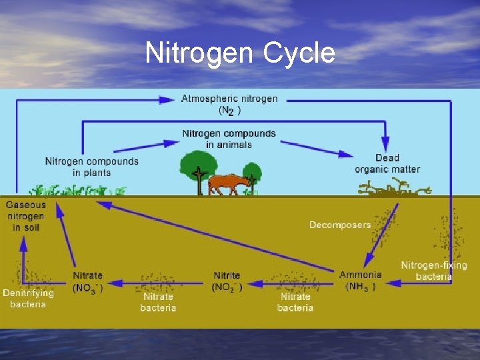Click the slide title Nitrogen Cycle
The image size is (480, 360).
240,53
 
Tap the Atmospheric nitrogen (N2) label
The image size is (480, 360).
229,104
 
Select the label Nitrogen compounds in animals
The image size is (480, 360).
229,139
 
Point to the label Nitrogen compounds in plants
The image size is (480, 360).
92,166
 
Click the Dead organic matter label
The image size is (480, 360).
387,163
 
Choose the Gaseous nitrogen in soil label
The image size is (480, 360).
27,216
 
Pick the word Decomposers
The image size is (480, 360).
339,225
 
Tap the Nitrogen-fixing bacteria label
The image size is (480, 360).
434,271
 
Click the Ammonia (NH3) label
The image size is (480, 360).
361,281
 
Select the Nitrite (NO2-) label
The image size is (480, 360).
227,281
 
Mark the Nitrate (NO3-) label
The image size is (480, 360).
87,281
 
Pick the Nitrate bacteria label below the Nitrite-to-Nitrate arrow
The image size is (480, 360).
158,302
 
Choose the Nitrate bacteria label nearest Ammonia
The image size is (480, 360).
295,302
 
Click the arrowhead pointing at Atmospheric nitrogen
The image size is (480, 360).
168,100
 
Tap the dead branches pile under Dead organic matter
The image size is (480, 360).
393,189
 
